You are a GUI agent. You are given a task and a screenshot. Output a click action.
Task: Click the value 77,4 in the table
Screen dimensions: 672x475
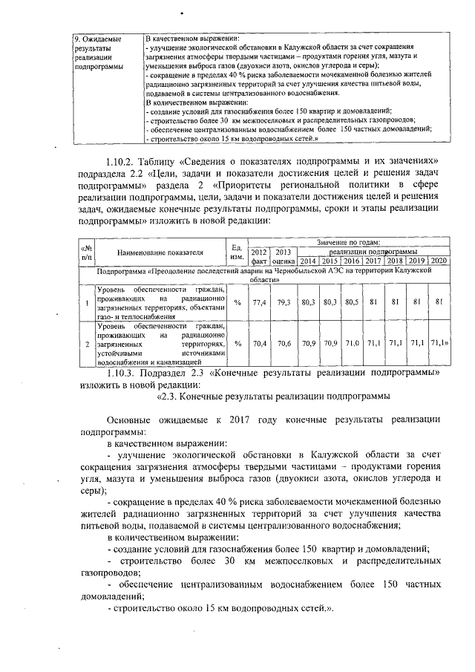pyautogui.click(x=259, y=302)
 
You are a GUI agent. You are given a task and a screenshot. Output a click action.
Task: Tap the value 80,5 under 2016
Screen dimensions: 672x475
pyautogui.click(x=352, y=302)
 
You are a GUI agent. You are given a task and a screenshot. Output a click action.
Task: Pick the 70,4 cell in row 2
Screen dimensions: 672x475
pyautogui.click(x=259, y=344)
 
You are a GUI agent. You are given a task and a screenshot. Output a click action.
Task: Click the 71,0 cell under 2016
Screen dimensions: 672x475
pyautogui.click(x=352, y=344)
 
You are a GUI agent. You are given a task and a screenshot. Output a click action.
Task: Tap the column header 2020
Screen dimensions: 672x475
pyautogui.click(x=439, y=261)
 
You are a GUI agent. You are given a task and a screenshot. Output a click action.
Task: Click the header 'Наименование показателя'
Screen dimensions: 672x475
pyautogui.click(x=160, y=252)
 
